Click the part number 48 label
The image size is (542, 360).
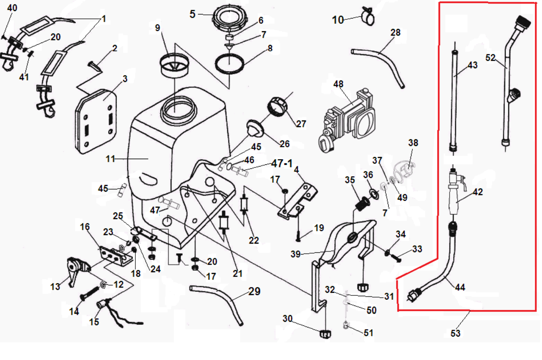pyautogui.click(x=338, y=84)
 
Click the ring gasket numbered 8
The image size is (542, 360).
pyautogui.click(x=230, y=63)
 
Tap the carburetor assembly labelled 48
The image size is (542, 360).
pyautogui.click(x=349, y=119)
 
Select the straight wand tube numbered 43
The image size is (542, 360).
pyautogui.click(x=454, y=101)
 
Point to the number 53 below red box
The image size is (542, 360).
pyautogui.click(x=455, y=333)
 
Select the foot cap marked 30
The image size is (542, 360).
pyautogui.click(x=324, y=334)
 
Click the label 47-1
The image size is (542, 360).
pyautogui.click(x=282, y=164)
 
